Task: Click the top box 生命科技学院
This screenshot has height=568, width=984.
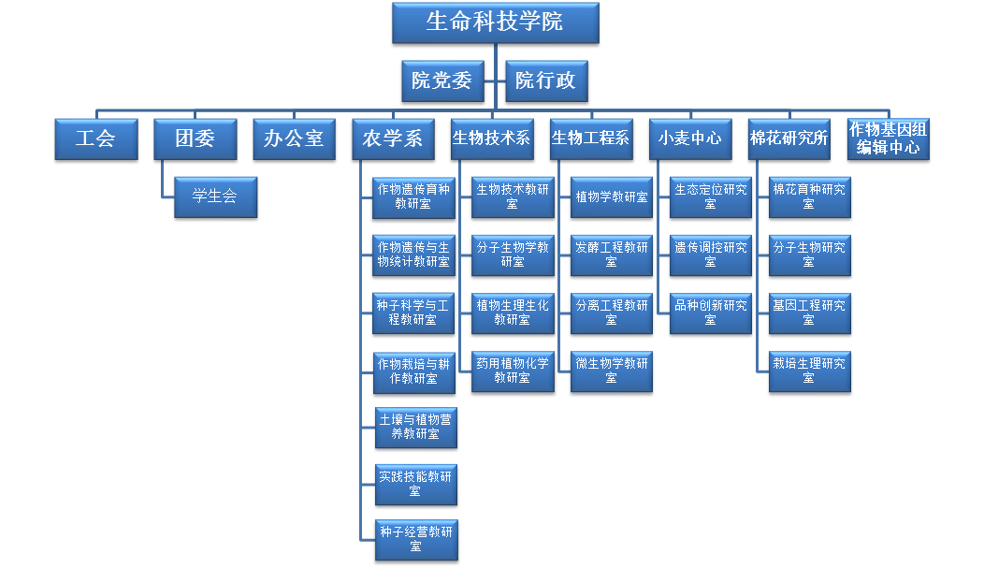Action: coord(495,23)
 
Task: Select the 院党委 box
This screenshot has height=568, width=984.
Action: coord(441,81)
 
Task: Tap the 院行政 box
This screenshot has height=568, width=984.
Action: coord(545,81)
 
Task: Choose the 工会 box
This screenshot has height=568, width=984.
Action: coord(95,139)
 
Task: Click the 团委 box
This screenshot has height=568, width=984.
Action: coord(195,139)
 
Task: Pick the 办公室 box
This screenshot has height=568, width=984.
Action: coord(294,139)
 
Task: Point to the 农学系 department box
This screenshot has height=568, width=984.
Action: coord(393,139)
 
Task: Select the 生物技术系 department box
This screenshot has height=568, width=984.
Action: coord(492,139)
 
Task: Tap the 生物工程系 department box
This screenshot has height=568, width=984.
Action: coord(591,139)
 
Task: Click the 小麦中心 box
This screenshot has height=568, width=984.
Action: coord(690,139)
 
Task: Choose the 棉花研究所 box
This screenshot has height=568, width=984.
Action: coord(789,139)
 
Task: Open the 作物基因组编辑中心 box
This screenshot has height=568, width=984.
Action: coord(889,139)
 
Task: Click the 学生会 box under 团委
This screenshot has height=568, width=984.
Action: coord(215,197)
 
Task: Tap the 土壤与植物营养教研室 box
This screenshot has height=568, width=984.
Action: coord(415,428)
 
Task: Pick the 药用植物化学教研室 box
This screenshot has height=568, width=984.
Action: coord(513,371)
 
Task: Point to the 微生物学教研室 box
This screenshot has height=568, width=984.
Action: coord(612,371)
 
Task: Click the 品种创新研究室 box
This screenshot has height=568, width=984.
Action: coord(711,313)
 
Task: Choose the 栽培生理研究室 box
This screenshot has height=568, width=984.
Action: coord(809,371)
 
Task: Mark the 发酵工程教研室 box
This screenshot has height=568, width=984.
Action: coord(612,255)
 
